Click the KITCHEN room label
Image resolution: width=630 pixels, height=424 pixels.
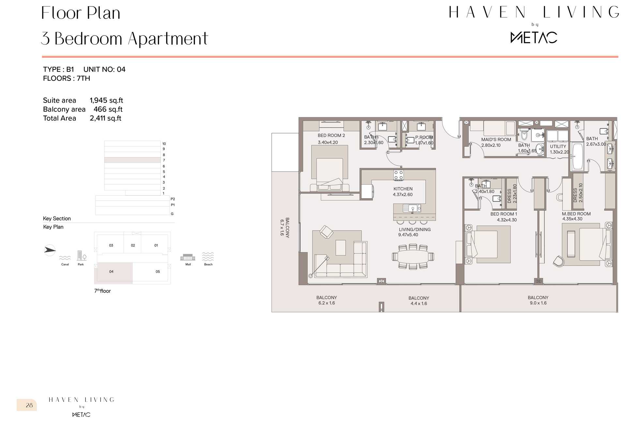[403, 189]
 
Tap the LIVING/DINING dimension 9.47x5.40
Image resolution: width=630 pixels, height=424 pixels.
[408, 235]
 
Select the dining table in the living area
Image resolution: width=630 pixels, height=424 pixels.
[412, 256]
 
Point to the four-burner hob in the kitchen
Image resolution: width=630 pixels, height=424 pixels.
[398, 175]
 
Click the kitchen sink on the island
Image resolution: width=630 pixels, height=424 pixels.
[412, 208]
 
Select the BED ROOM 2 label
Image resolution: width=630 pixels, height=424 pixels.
[331, 135]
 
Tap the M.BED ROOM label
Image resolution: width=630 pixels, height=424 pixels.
[576, 214]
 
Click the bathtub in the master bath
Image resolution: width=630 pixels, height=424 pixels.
[577, 157]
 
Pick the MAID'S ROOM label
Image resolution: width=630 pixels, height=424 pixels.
[496, 140]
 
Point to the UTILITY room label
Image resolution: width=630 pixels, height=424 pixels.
[558, 146]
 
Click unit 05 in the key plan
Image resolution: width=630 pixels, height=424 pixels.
[157, 272]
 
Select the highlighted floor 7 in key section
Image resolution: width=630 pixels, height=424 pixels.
[132, 160]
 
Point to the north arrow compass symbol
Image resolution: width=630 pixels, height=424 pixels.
[50, 250]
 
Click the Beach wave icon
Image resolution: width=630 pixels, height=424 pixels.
[208, 256]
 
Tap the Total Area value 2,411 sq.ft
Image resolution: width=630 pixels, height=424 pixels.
[105, 118]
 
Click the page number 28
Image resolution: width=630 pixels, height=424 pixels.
[29, 405]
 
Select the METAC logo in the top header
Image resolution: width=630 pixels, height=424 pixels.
[533, 38]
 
